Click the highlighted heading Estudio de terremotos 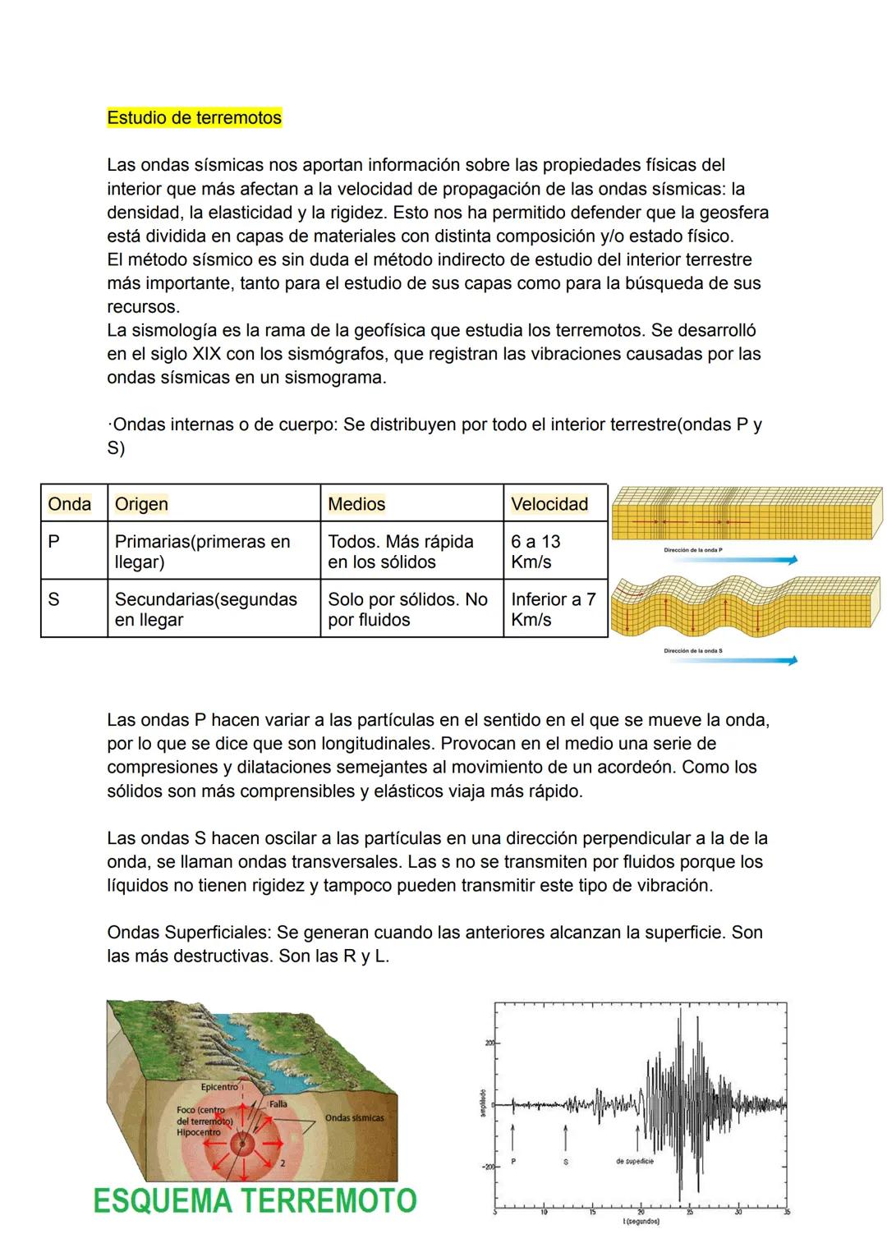[194, 118]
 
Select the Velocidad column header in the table [549, 504]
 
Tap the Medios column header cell [356, 504]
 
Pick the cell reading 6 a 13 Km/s [535, 552]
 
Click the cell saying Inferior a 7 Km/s [553, 609]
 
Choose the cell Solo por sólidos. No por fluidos [407, 609]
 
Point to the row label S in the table [54, 599]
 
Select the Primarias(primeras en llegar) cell [202, 552]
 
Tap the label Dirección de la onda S [693, 650]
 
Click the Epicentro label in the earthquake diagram [219, 1086]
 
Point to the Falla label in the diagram [278, 1104]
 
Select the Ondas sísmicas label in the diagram [354, 1117]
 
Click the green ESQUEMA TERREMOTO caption [255, 1201]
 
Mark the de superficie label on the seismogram [635, 1162]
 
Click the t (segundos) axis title [641, 1222]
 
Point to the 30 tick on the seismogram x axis [738, 1212]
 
